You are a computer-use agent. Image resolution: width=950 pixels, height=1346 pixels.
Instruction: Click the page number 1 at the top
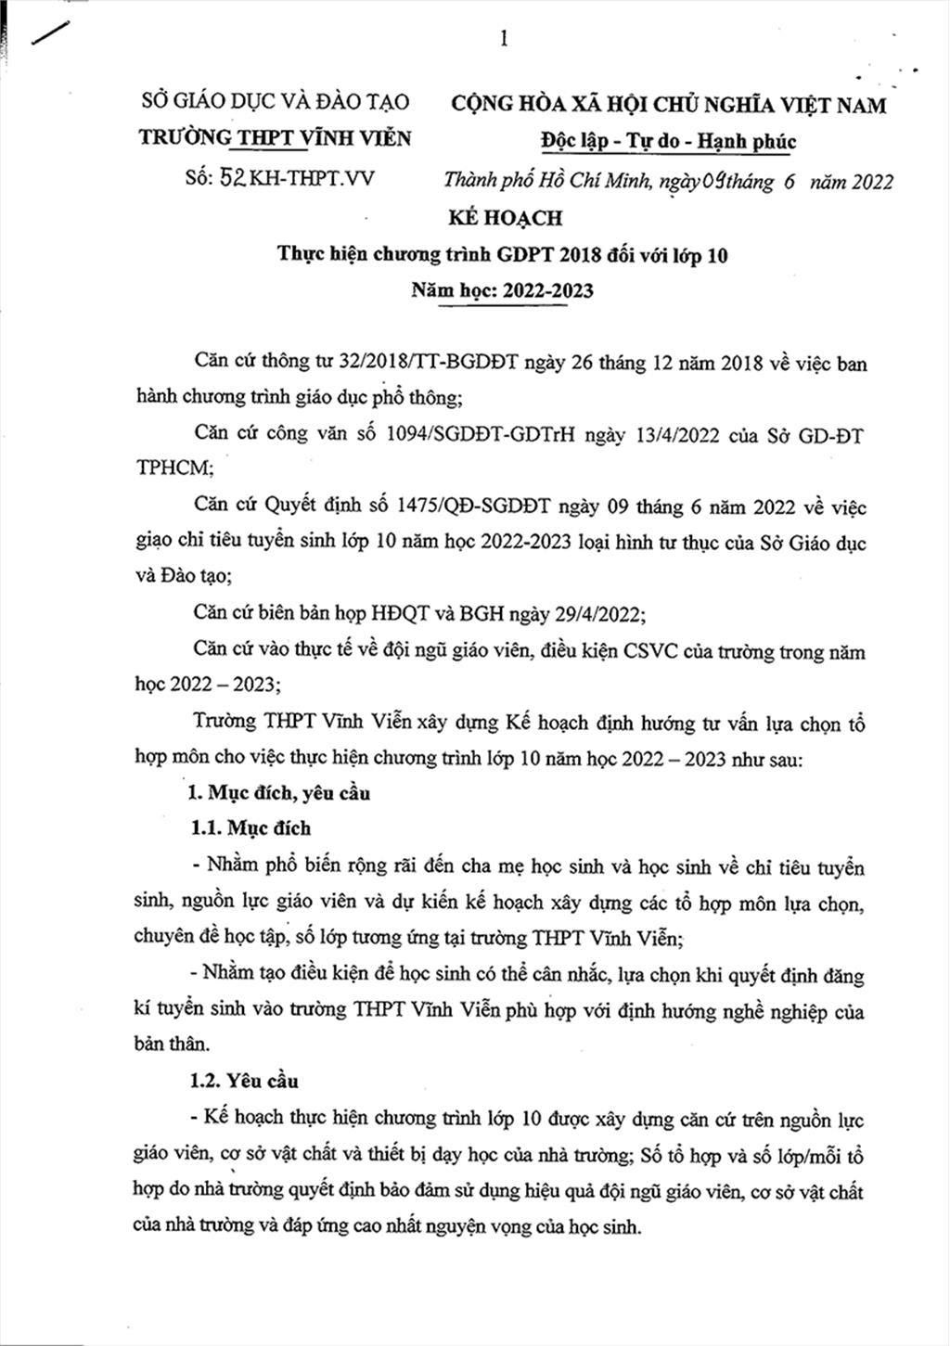(x=504, y=38)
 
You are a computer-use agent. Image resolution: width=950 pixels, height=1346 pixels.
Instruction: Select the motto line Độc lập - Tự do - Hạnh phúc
(x=668, y=141)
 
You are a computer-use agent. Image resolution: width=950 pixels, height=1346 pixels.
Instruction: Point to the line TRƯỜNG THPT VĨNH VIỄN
(x=275, y=138)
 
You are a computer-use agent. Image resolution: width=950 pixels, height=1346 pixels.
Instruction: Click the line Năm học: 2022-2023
(x=503, y=290)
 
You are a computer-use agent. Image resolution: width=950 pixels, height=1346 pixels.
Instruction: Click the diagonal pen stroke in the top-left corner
(x=54, y=31)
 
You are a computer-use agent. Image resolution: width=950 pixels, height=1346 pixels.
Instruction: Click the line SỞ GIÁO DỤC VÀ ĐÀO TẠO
(x=275, y=102)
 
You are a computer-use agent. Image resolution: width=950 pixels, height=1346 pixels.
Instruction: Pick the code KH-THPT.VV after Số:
(x=313, y=177)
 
